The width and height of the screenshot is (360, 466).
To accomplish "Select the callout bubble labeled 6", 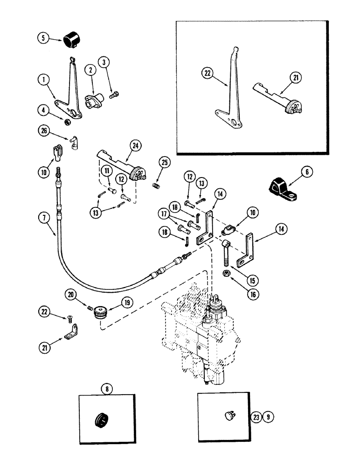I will pyautogui.click(x=306, y=171).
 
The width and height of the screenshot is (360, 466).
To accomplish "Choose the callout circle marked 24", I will pyautogui.click(x=135, y=146).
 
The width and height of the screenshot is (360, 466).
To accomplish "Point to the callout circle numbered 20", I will pyautogui.click(x=71, y=295).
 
